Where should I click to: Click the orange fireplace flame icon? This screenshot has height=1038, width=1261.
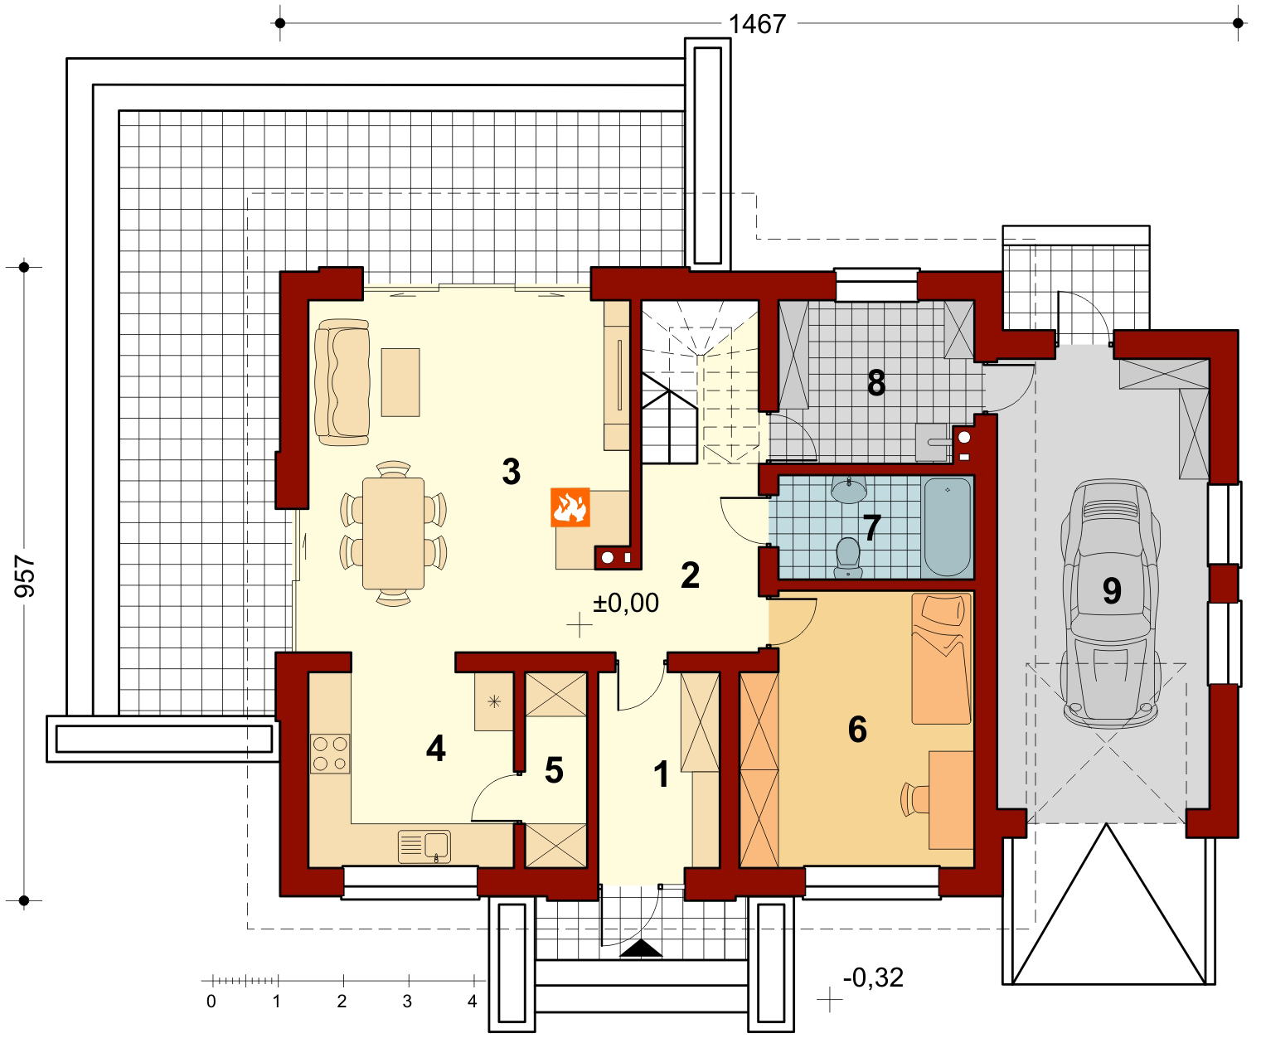tap(570, 507)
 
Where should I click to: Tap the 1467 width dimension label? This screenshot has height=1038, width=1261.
tap(757, 24)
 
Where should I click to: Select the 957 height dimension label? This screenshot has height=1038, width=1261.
tap(25, 576)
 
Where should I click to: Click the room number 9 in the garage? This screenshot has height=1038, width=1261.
tap(1112, 591)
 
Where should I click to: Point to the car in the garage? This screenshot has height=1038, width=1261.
tap(1110, 604)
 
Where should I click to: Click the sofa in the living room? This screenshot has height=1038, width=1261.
tap(342, 382)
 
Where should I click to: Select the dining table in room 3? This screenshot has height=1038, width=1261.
tap(393, 533)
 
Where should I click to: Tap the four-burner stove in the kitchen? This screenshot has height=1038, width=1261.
tap(330, 754)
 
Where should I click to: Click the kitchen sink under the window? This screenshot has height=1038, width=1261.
tap(424, 846)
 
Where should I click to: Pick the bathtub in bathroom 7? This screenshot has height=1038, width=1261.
tap(947, 526)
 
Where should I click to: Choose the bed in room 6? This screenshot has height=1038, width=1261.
tap(941, 658)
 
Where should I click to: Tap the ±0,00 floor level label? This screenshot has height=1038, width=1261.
tap(625, 603)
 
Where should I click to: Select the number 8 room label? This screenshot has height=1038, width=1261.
tap(876, 383)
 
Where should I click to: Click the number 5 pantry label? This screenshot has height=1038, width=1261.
tap(554, 770)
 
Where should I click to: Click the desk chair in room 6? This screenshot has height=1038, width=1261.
tap(914, 799)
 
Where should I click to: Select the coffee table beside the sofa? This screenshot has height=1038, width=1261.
tap(400, 382)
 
